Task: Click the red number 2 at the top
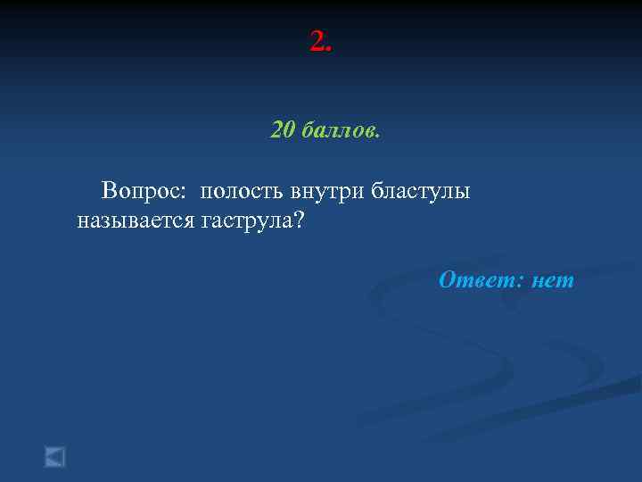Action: (317, 40)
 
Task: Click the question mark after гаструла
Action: (299, 220)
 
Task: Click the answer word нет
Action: (553, 280)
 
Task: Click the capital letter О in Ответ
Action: (449, 280)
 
